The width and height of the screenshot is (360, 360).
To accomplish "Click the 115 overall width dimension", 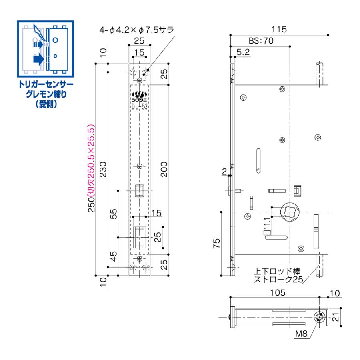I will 279,30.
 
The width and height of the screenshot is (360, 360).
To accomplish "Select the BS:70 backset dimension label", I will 260,41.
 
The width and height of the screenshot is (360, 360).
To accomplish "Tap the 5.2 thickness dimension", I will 243,52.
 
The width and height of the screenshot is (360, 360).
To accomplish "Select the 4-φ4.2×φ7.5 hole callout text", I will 138,30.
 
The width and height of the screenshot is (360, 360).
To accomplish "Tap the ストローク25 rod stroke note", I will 278,280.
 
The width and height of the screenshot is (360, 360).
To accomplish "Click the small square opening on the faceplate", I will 139,191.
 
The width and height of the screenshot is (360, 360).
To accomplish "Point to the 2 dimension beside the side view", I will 224,172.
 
